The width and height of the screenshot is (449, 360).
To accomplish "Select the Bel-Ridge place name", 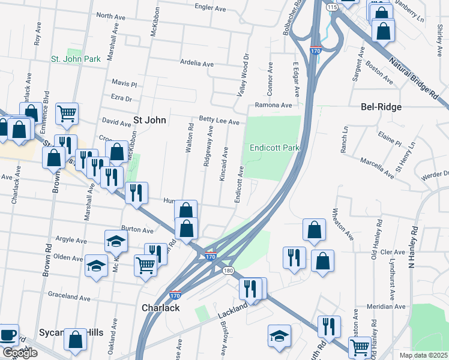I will (381, 107).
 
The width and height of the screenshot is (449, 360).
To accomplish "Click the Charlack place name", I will (160, 307).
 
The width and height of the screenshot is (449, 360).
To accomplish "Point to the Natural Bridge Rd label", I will (414, 78).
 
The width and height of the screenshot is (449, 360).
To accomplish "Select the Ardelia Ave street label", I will (197, 63).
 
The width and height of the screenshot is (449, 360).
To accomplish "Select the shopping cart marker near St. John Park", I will (67, 113).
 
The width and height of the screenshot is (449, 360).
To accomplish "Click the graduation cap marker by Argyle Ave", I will (116, 241).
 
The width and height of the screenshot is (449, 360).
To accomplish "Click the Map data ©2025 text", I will (423, 355).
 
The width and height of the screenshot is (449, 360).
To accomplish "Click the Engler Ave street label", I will (209, 7).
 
